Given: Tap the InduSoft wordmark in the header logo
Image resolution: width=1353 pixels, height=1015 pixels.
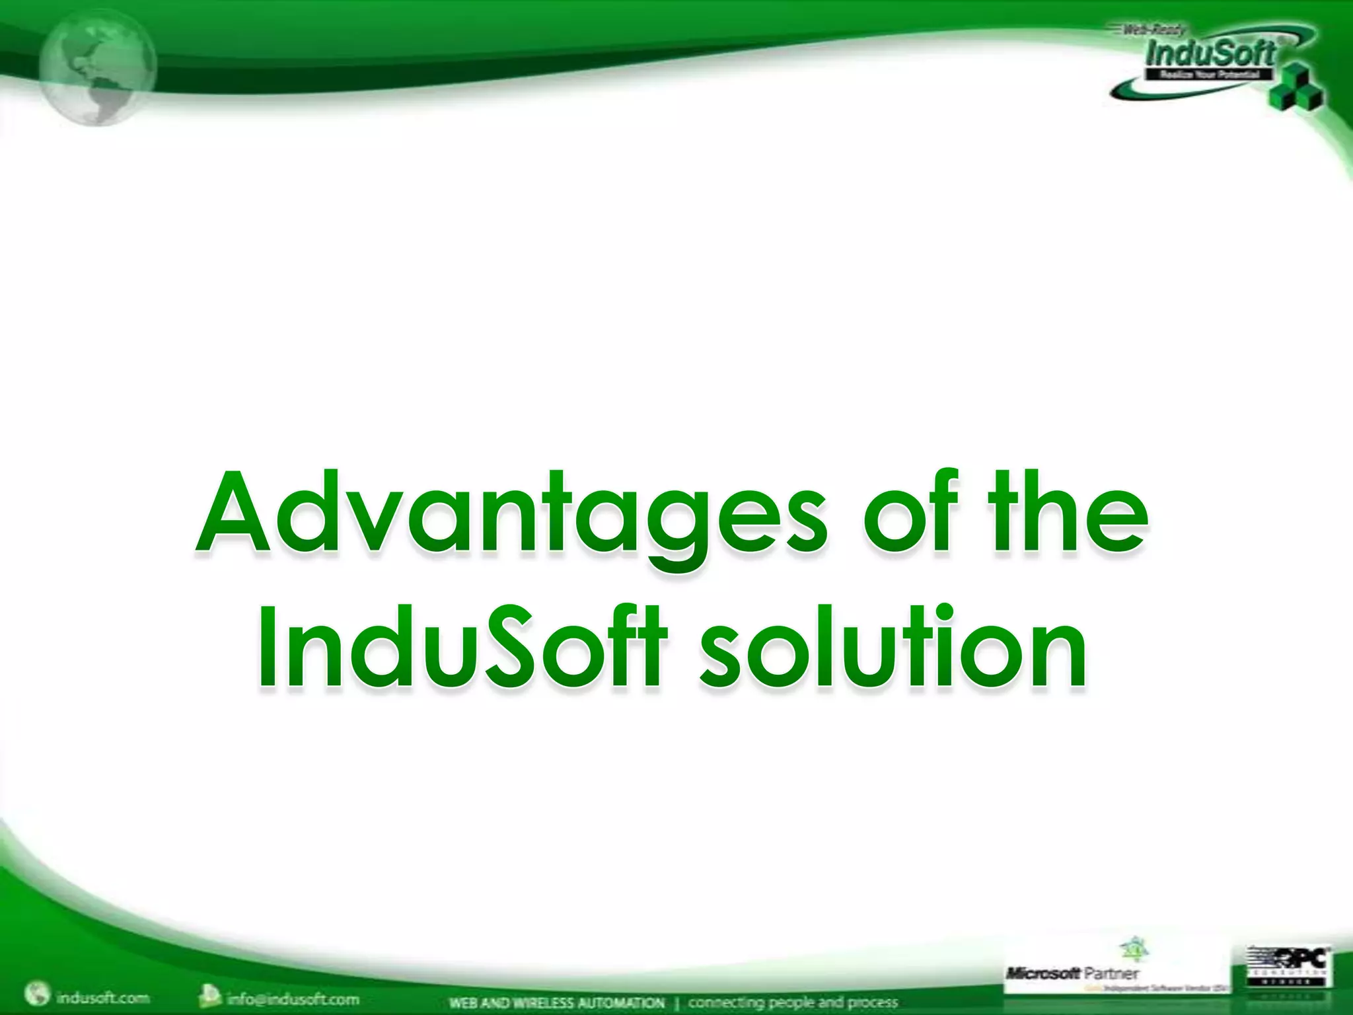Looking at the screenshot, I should point(1210,53).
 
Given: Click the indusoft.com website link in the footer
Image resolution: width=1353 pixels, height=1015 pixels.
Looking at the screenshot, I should point(102,997).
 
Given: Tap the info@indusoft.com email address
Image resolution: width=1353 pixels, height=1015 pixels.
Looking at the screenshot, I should point(293,998).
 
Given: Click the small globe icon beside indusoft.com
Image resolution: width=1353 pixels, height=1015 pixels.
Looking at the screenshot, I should point(36,995).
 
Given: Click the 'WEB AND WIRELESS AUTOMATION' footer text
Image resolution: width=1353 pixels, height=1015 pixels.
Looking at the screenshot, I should point(556,1003).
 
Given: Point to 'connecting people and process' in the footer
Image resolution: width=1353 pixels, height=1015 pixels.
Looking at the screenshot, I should point(793,1003).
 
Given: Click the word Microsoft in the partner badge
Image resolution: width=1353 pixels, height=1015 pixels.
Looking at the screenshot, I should point(1042,973).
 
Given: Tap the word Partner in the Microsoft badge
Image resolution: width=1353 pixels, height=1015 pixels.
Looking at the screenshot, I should point(1112,973).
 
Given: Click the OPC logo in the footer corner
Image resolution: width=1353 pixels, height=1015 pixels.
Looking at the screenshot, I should point(1288,965).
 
